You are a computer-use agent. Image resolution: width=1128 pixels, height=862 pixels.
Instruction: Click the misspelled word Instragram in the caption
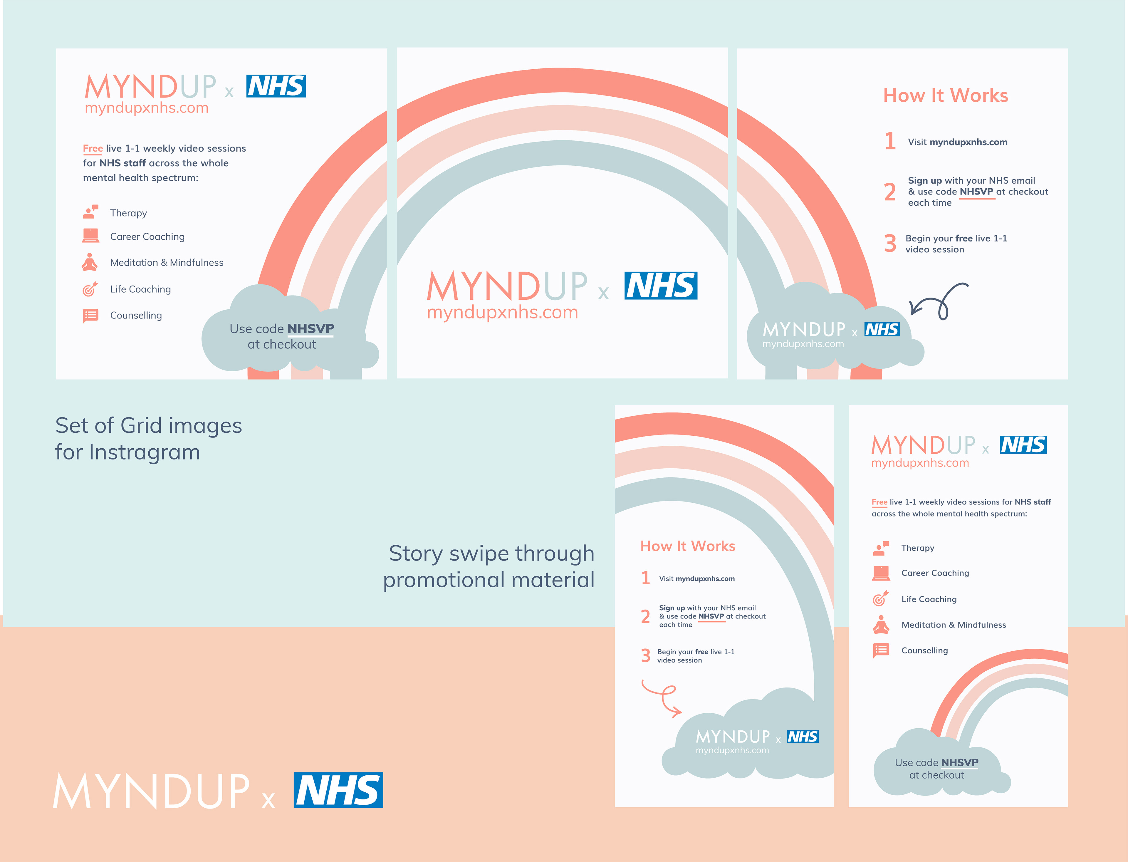point(144,452)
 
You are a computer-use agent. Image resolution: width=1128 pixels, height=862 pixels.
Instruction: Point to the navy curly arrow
point(939,302)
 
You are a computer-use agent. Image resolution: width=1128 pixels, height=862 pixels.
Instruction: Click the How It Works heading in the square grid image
point(945,95)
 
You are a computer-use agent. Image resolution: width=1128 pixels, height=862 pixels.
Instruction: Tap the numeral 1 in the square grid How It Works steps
point(890,141)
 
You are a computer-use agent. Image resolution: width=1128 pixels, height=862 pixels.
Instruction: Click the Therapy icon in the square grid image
point(90,212)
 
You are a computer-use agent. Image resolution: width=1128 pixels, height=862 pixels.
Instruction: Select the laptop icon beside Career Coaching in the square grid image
point(90,236)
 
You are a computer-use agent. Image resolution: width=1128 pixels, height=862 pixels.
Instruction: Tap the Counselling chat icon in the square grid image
point(90,316)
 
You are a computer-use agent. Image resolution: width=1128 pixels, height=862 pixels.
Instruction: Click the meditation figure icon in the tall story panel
point(881,624)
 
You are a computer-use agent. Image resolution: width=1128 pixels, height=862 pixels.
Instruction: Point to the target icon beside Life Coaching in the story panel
point(881,598)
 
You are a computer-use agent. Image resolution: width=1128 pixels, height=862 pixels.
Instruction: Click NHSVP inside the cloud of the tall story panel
point(960,762)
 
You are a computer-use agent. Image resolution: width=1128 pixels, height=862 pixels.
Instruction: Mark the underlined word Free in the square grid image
point(93,148)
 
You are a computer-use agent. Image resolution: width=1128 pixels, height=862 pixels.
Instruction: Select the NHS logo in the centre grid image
point(661,286)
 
